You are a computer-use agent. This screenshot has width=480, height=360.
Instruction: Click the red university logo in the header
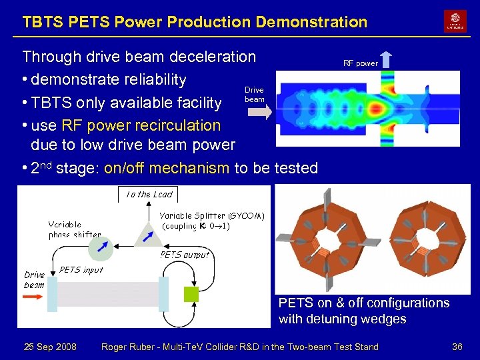click(455, 21)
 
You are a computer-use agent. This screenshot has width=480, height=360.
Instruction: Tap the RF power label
click(360, 64)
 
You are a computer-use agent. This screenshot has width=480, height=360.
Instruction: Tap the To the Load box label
click(149, 195)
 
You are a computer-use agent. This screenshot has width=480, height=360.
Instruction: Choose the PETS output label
click(184, 254)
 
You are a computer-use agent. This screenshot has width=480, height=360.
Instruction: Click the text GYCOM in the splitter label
click(246, 215)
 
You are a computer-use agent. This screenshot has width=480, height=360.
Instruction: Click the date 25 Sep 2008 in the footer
click(50, 347)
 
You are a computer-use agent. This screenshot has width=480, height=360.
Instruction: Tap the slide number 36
click(457, 347)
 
